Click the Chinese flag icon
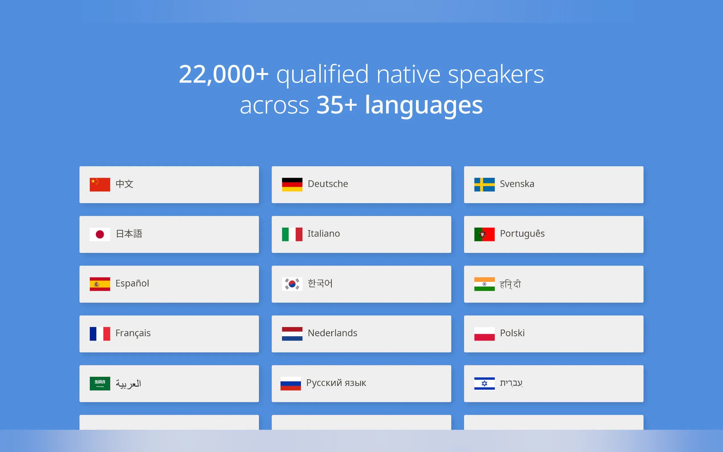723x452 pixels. (x=100, y=184)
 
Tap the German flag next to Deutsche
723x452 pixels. (x=292, y=184)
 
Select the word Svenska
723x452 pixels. (x=517, y=184)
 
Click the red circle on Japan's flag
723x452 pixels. (x=100, y=234)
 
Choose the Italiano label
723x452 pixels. (x=324, y=233)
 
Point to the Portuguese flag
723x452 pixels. (x=484, y=234)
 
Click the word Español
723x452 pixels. (x=132, y=283)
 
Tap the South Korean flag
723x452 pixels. (x=292, y=284)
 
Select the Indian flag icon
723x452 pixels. (x=484, y=284)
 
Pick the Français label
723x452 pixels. (x=133, y=333)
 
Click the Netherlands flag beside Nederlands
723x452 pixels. (x=292, y=334)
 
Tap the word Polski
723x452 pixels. (x=512, y=333)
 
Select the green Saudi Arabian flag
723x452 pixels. (x=100, y=383)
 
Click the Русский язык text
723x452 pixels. (x=336, y=383)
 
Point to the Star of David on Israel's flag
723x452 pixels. (x=484, y=383)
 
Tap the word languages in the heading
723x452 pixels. (x=424, y=106)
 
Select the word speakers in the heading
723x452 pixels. (x=496, y=75)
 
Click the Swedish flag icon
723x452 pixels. (x=484, y=184)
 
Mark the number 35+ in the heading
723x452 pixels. (x=336, y=105)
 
